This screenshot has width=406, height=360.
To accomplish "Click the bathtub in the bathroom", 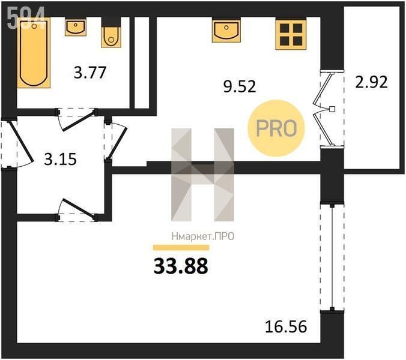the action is [34, 53].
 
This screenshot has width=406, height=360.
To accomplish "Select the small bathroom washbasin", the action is [75, 27].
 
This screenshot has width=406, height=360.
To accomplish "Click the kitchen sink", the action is [226, 31].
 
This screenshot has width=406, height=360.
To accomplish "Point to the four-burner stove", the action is [291, 34].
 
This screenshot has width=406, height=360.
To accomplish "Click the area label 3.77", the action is [90, 73].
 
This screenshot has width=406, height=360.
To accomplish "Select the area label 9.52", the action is [240, 86].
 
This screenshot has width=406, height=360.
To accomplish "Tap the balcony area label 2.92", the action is [371, 82].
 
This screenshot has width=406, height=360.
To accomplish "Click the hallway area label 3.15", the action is [60, 159].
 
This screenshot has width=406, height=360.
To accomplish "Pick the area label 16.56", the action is [286, 326].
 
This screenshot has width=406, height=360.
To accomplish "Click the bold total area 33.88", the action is [181, 266].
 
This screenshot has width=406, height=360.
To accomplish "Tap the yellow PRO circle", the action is [276, 128].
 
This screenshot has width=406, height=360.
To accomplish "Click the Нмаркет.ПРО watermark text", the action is [203, 236].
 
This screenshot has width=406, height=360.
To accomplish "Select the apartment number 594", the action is [26, 17].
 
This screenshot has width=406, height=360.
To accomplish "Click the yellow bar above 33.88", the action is [181, 247].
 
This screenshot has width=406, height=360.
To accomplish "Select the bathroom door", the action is [77, 119].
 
